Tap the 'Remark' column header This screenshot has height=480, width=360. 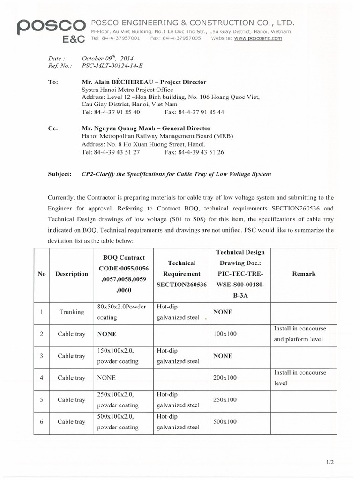304,274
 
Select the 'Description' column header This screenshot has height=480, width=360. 71,274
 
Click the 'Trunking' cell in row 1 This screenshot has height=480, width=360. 72,312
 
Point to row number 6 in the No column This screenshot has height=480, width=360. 42,422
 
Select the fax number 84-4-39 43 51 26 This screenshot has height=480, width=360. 194,152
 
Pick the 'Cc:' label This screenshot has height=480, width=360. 53,128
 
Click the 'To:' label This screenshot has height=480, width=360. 53,82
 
